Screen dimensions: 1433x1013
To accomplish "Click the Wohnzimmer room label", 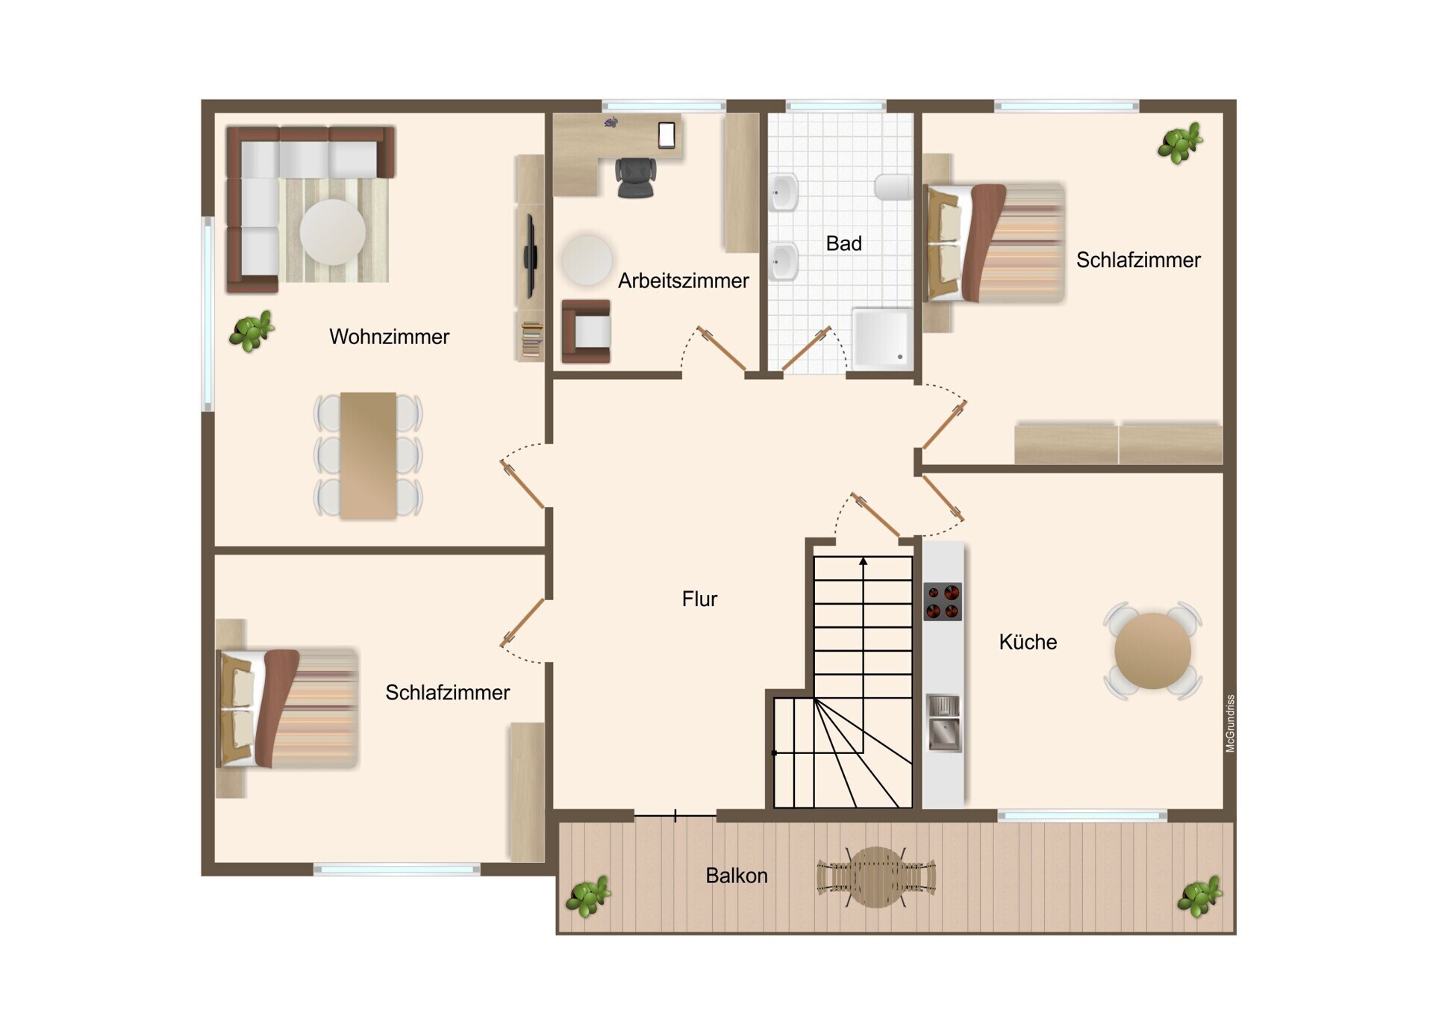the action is (x=389, y=337).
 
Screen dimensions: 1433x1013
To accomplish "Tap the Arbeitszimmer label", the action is (x=683, y=281).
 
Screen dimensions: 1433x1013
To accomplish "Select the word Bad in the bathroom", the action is (x=843, y=243).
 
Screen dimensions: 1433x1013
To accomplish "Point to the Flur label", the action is (x=699, y=599).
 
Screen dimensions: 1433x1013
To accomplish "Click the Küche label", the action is (x=1028, y=642).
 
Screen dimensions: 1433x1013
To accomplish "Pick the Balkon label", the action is (x=737, y=875).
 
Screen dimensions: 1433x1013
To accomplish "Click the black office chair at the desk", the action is (x=636, y=178).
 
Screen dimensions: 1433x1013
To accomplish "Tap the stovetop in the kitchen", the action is (x=943, y=602).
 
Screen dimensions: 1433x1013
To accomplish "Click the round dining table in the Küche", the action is (x=1152, y=651).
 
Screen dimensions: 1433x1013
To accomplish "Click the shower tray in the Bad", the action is (x=882, y=338).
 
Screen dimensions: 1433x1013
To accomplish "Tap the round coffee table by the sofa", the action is (x=333, y=232).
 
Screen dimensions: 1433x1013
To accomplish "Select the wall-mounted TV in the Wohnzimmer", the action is (x=531, y=256).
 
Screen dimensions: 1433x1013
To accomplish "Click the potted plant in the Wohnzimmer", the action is (x=252, y=331).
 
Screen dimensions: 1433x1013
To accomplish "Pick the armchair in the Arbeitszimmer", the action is (x=587, y=331).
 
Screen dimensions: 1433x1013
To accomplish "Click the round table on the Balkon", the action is (x=876, y=877).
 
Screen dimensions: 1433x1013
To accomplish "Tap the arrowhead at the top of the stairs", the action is (x=864, y=561).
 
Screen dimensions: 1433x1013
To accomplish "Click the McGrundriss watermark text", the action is (x=1230, y=723).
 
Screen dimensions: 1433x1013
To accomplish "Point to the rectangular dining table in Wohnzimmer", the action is (x=368, y=455).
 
